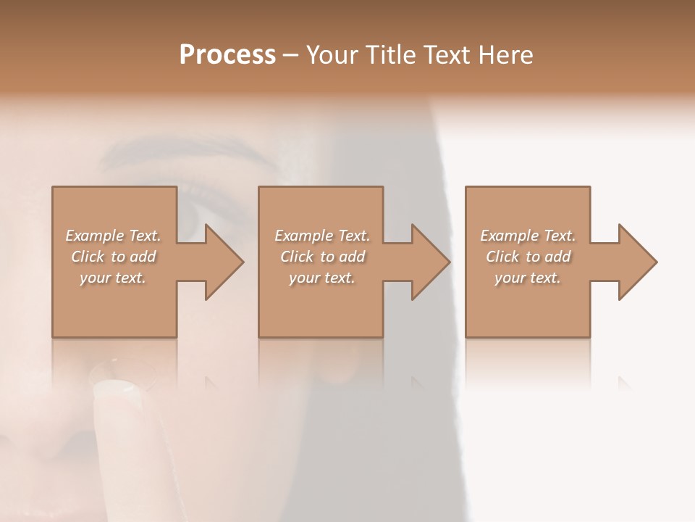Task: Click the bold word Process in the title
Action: (x=227, y=55)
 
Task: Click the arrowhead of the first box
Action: (x=223, y=262)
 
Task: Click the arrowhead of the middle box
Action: (x=430, y=262)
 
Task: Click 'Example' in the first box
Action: (x=94, y=236)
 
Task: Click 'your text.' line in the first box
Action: (x=113, y=278)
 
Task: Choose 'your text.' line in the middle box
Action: (x=322, y=278)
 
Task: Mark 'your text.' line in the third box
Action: (x=528, y=278)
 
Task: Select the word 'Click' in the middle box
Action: (x=297, y=257)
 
